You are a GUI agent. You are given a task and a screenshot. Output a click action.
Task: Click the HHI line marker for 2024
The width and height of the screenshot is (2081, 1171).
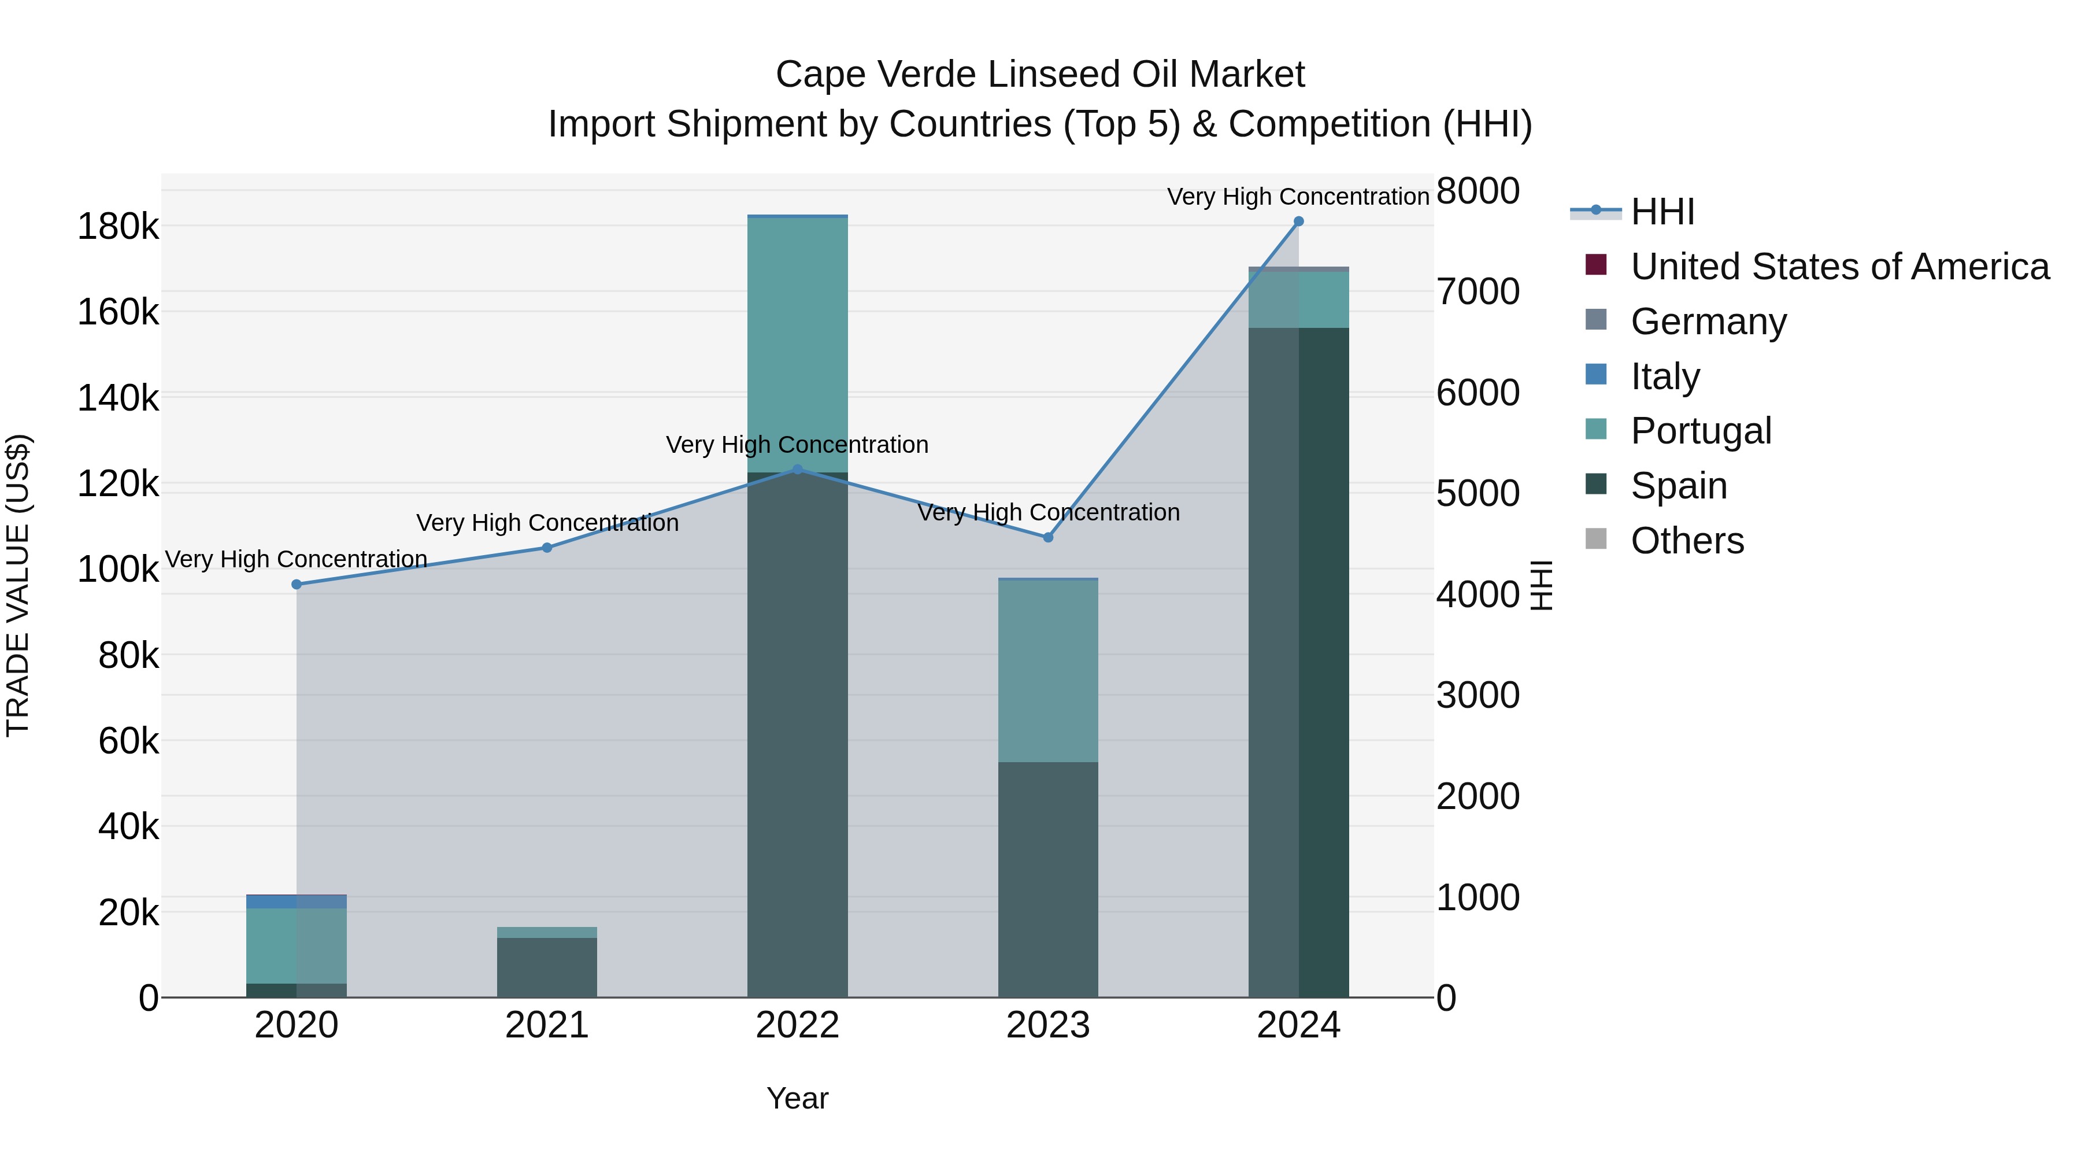(x=1298, y=221)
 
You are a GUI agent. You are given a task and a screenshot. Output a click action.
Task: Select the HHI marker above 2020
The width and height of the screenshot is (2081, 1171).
(x=297, y=584)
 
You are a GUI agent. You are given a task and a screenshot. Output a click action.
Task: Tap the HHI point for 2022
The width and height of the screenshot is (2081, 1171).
(x=797, y=469)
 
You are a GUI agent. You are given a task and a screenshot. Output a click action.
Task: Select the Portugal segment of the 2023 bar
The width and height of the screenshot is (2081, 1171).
(x=1048, y=671)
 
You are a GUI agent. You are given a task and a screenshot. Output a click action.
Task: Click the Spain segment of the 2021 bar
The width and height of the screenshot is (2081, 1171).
(x=547, y=967)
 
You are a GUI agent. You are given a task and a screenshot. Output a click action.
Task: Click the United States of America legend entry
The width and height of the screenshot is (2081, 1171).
(x=1839, y=267)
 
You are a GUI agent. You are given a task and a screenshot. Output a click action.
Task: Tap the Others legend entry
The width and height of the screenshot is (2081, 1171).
(x=1687, y=541)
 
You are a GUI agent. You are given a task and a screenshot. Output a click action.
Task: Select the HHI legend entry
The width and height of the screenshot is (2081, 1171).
(x=1662, y=212)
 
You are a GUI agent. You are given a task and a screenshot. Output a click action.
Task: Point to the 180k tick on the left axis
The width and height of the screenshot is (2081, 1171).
(x=118, y=226)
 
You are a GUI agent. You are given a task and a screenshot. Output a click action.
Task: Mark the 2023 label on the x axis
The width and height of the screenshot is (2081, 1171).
(x=1048, y=1025)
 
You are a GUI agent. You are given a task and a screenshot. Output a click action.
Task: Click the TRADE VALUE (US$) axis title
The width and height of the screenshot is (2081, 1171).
(x=18, y=585)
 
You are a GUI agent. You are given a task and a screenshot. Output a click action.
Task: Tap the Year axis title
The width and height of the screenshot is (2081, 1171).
(x=797, y=1098)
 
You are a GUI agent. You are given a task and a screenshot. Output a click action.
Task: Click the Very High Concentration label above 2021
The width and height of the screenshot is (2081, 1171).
(x=547, y=523)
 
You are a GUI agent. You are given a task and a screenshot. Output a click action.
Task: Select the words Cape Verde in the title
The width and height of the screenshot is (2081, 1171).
(x=875, y=75)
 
